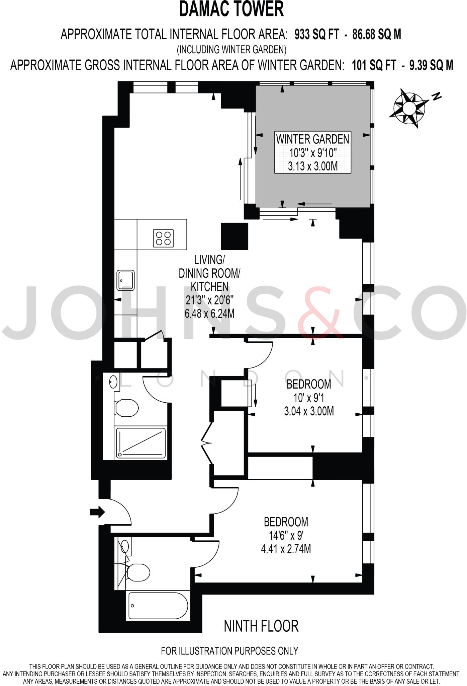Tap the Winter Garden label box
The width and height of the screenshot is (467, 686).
312,152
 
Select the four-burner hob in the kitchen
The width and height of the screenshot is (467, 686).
163,238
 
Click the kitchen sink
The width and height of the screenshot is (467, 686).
125,280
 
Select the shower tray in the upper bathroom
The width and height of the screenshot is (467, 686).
141,443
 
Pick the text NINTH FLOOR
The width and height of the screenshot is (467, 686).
261,626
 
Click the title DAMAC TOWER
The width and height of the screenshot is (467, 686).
231,9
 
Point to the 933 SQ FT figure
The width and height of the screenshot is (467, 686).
316,34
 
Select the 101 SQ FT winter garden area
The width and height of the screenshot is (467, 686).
374,65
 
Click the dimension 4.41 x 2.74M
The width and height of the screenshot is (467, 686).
286,549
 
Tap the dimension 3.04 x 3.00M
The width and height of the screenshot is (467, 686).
309,411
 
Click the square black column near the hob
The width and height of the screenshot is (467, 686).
235,236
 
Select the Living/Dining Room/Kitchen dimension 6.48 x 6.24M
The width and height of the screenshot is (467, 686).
209,314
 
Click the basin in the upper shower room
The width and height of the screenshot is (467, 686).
113,381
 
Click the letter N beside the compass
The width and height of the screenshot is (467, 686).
436,97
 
